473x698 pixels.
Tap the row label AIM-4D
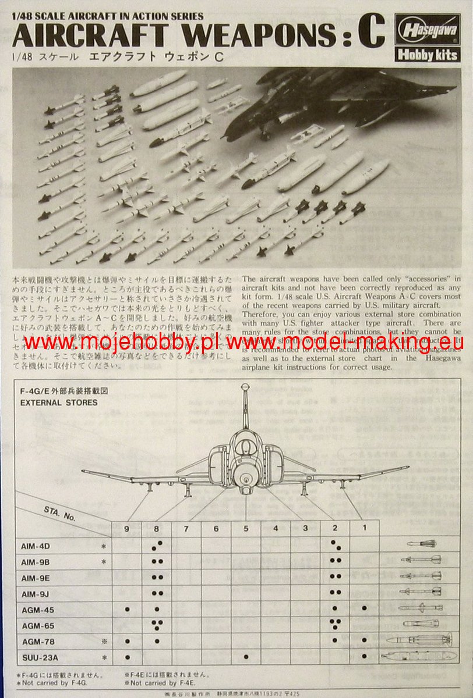click(36, 547)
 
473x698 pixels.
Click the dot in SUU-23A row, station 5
click(246, 657)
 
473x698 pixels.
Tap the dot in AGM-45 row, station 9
click(127, 609)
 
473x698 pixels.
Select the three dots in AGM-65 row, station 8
click(157, 625)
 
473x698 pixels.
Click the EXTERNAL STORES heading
click(59, 402)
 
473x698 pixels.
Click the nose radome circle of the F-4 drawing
click(246, 478)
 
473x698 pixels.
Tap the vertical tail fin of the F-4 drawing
click(246, 407)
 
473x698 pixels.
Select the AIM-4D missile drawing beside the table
click(421, 543)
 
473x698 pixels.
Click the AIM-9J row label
click(36, 593)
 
